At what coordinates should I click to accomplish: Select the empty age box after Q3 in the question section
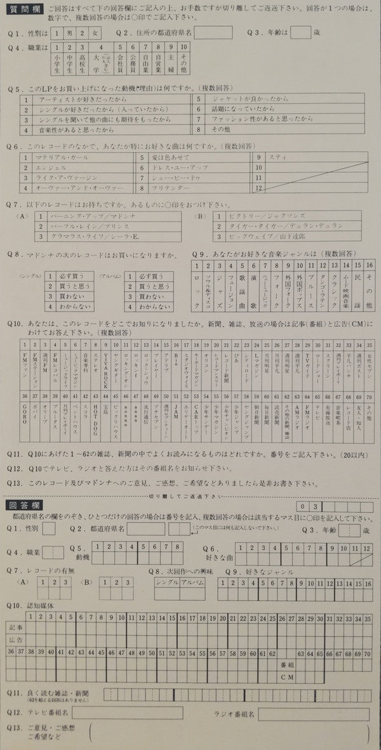300,32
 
